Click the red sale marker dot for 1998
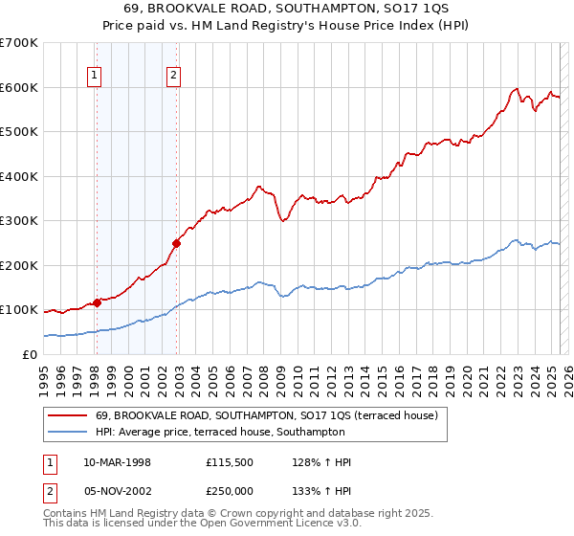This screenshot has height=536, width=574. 97,302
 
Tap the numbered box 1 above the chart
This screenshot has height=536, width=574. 96,78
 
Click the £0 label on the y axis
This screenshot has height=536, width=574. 30,354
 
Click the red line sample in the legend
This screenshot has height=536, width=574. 69,415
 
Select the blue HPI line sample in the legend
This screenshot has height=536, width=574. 69,433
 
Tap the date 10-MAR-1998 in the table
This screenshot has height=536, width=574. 118,462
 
